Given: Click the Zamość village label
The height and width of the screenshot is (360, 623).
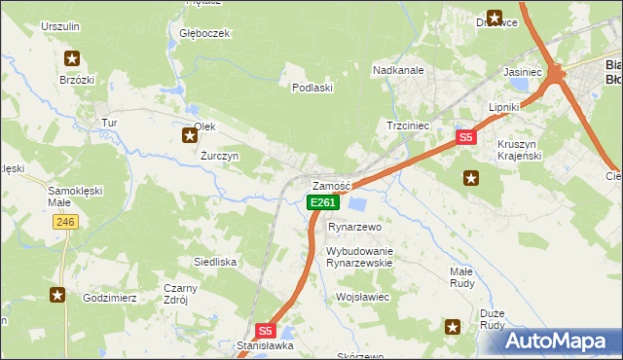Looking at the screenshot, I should click(331, 186).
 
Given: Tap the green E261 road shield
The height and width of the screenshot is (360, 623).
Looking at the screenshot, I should click(323, 202).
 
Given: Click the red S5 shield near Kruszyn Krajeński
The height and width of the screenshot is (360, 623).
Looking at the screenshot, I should click(466, 138).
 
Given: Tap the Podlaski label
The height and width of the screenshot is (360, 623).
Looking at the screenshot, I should click(313, 88).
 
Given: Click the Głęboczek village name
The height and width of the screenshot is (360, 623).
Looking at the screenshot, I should click(204, 33).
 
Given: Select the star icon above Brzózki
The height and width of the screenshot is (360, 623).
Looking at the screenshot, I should click(71, 58).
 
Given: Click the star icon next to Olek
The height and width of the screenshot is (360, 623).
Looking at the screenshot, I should click(190, 135).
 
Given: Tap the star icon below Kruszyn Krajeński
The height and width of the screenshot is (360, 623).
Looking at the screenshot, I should click(471, 177).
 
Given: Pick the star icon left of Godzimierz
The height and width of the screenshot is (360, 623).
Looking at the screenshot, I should click(58, 295).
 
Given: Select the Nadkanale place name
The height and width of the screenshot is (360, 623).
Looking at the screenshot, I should click(398, 69).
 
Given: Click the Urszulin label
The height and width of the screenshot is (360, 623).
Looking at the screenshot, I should click(59, 26).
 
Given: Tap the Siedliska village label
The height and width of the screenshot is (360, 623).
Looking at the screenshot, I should click(215, 262).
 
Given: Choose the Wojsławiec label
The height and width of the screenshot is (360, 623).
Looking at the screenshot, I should click(362, 297).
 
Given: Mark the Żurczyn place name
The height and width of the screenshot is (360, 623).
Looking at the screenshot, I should click(219, 156).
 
